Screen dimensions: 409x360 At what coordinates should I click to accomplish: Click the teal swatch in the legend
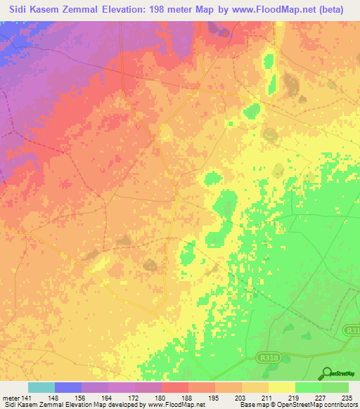(x=41, y=387)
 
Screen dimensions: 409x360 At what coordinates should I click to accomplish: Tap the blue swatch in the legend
(x=68, y=387)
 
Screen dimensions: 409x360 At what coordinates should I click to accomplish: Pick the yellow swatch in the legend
(x=282, y=387)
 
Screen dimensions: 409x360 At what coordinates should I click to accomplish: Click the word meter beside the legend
(x=10, y=396)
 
